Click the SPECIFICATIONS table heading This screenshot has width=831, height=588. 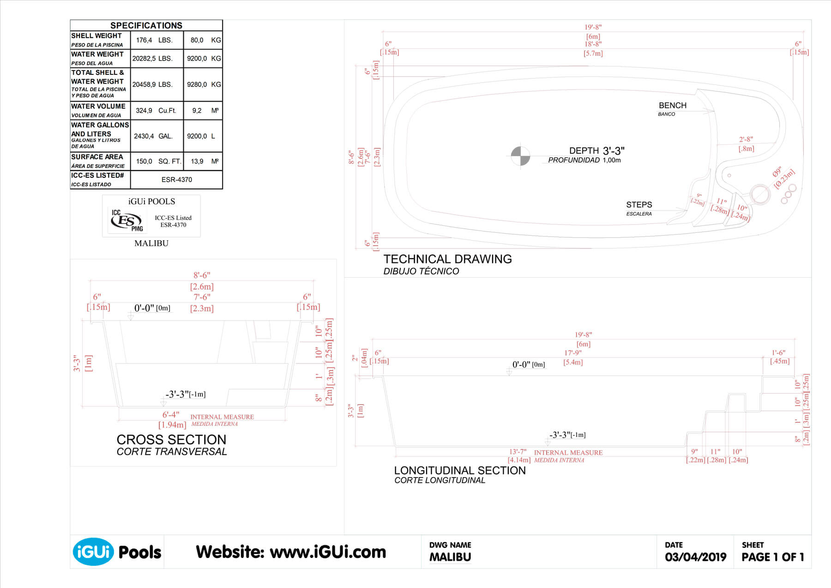146,25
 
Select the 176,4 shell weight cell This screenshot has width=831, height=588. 144,40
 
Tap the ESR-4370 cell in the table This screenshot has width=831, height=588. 176,180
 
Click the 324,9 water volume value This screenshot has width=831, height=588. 144,110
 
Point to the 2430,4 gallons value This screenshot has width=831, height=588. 144,136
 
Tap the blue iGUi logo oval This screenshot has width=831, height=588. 93,552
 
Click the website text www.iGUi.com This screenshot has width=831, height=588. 327,552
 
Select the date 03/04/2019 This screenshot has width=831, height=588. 695,557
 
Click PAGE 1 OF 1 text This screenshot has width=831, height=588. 772,557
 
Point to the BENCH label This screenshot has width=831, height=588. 672,105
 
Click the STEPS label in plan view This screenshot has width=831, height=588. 639,205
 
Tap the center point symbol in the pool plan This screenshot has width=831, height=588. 520,156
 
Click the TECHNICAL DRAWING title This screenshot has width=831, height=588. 447,259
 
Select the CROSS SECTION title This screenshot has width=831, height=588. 171,439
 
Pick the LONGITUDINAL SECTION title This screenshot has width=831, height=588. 459,470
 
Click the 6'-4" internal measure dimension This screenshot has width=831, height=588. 170,415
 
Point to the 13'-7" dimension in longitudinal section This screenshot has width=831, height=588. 518,452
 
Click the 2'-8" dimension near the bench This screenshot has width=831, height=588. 746,139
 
